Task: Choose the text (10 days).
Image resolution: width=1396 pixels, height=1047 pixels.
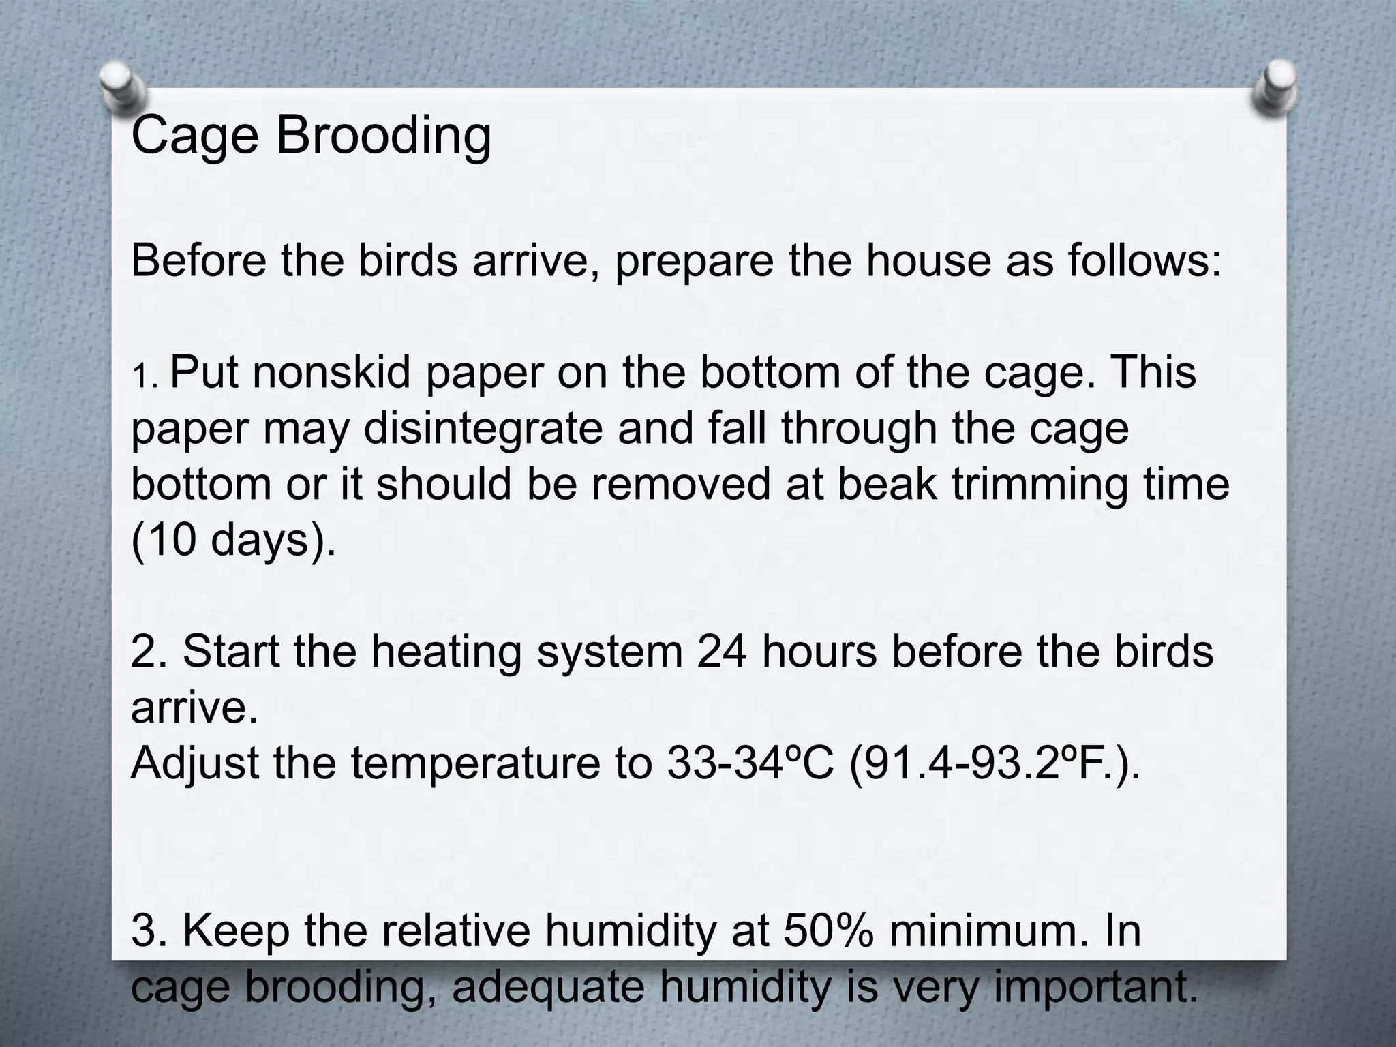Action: (x=233, y=541)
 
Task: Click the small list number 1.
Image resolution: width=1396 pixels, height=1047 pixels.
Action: (x=143, y=377)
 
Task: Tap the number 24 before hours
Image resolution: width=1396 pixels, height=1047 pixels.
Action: (x=723, y=651)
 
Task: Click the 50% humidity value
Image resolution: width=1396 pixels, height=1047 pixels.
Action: (x=828, y=930)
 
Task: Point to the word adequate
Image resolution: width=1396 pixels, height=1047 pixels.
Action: (x=548, y=988)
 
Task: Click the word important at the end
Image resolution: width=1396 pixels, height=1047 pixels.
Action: (x=1095, y=988)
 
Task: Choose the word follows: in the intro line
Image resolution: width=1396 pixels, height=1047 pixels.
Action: (x=1144, y=260)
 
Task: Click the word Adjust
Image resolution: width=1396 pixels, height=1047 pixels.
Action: (x=195, y=764)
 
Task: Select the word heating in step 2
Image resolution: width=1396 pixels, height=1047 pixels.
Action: (x=446, y=652)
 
